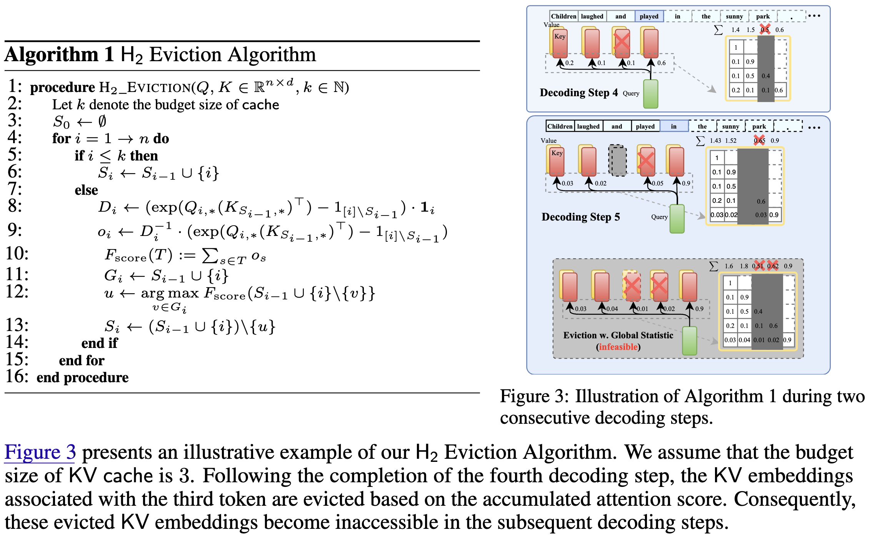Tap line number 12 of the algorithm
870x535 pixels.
[17, 291]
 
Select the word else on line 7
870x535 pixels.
[86, 190]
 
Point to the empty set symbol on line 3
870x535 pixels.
[102, 122]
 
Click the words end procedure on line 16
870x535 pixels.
[82, 378]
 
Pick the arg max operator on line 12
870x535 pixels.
[170, 293]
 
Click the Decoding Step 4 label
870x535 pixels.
[578, 93]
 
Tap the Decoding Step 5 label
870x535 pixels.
[580, 217]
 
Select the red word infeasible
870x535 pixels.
[618, 347]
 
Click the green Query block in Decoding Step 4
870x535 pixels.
[650, 94]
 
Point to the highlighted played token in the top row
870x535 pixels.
[649, 16]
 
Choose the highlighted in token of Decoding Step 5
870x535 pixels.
[673, 126]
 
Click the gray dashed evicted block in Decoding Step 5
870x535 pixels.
[617, 160]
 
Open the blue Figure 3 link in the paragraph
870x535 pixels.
[40, 452]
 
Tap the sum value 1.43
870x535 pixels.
[715, 140]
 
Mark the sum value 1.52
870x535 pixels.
[731, 140]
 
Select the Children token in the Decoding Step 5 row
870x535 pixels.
[560, 126]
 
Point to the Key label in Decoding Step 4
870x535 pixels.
[560, 37]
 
